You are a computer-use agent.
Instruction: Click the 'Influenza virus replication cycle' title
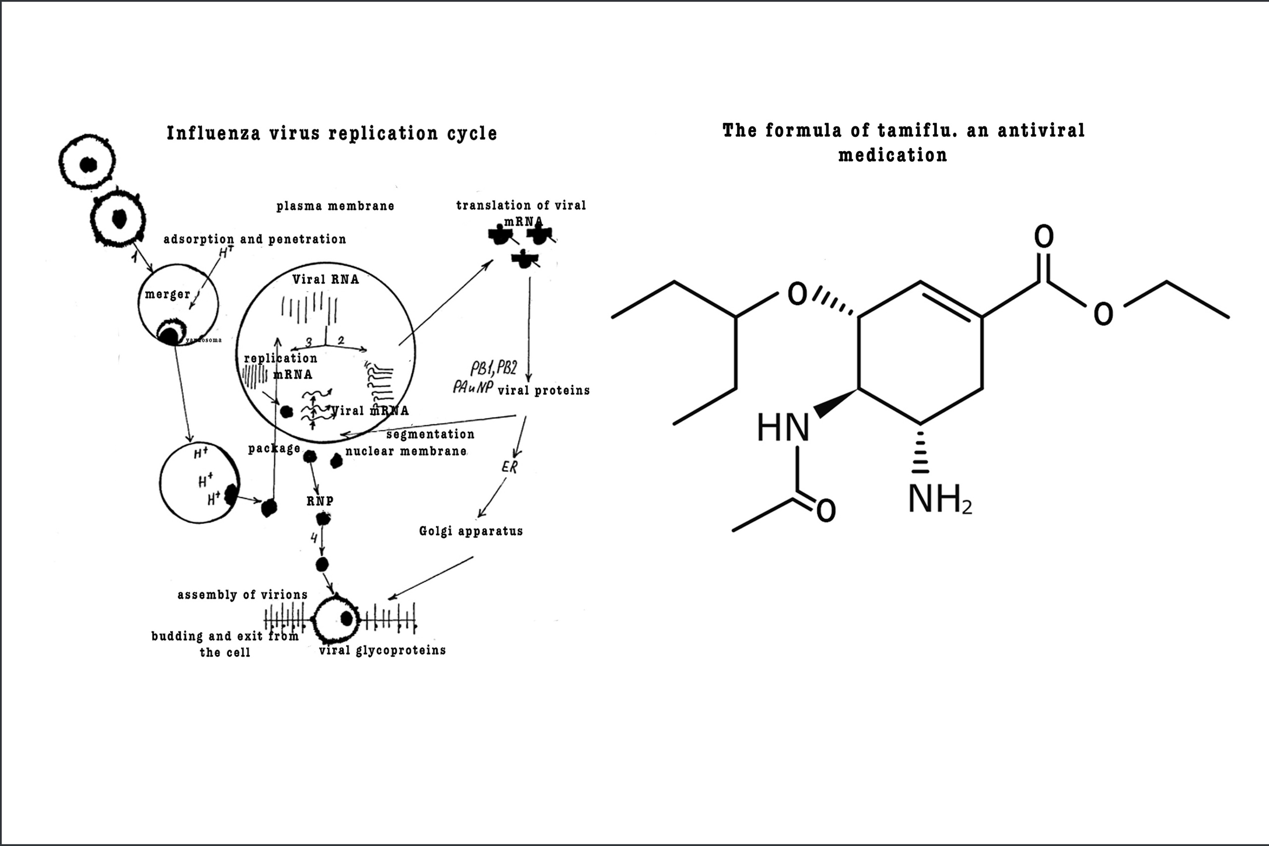pyautogui.click(x=331, y=133)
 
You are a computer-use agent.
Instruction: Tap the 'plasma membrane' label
pyautogui.click(x=335, y=206)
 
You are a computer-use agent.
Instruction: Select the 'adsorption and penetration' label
pyautogui.click(x=255, y=239)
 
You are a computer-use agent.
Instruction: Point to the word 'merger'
pyautogui.click(x=167, y=294)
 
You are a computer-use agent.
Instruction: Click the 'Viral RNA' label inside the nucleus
pyautogui.click(x=325, y=279)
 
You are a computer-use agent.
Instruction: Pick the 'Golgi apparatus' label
pyautogui.click(x=470, y=531)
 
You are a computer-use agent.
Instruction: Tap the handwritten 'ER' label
pyautogui.click(x=509, y=467)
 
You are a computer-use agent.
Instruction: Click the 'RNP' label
pyautogui.click(x=320, y=501)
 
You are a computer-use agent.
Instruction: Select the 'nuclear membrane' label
pyautogui.click(x=406, y=451)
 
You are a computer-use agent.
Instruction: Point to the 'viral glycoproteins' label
pyautogui.click(x=382, y=650)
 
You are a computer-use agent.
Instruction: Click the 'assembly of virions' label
pyautogui.click(x=242, y=595)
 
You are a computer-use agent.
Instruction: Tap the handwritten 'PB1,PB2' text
pyautogui.click(x=493, y=369)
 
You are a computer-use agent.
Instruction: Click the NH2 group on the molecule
pyautogui.click(x=939, y=499)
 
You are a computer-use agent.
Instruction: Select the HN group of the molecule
pyautogui.click(x=783, y=428)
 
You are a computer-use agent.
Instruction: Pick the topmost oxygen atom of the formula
pyautogui.click(x=1043, y=236)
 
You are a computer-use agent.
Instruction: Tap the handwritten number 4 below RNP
pyautogui.click(x=314, y=537)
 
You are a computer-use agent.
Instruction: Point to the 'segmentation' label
pyautogui.click(x=430, y=434)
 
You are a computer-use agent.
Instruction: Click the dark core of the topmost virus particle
pyautogui.click(x=88, y=165)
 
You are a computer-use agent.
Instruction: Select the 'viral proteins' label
pyautogui.click(x=543, y=391)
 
